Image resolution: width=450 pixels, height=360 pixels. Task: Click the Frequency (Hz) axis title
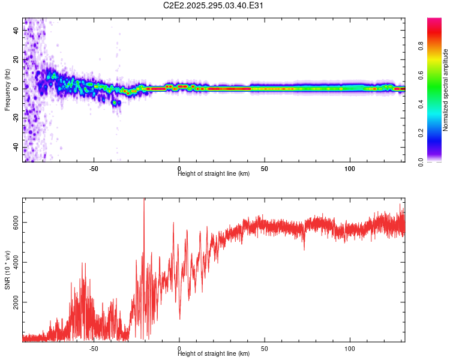click(x=7, y=90)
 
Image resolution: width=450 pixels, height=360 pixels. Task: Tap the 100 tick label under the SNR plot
click(x=350, y=348)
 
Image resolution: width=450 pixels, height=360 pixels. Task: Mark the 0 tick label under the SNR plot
click(x=179, y=348)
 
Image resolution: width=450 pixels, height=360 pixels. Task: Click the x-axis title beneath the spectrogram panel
click(x=214, y=174)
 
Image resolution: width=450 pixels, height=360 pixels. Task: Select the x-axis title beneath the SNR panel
click(x=214, y=354)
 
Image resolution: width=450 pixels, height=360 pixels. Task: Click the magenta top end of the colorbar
click(x=434, y=21)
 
